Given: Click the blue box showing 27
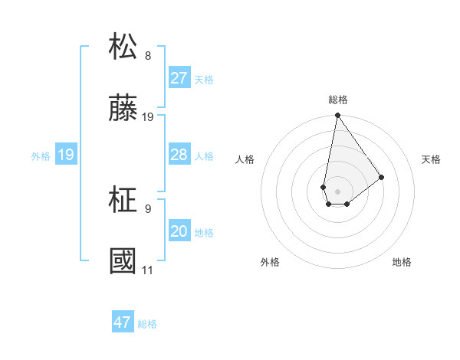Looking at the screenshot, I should point(179,78).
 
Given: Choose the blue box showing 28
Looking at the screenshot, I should point(179,155).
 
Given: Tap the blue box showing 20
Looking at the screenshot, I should point(179,231).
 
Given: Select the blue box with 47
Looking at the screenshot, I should point(123,322).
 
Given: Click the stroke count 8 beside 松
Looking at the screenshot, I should point(148,56).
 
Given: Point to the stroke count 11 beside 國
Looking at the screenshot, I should point(147,270).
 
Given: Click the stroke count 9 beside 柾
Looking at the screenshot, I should point(148,209).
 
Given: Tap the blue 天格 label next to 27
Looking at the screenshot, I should point(204,80).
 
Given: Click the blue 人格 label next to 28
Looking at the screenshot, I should point(204,156).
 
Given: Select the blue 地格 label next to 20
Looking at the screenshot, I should point(204,233).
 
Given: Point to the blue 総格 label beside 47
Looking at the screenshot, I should point(147,324).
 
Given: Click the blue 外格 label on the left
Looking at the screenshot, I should point(41,156).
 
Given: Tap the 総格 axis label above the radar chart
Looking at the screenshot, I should point(338,100).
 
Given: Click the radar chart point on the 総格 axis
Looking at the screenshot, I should point(337,116).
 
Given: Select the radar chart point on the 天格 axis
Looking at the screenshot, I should point(381,178).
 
